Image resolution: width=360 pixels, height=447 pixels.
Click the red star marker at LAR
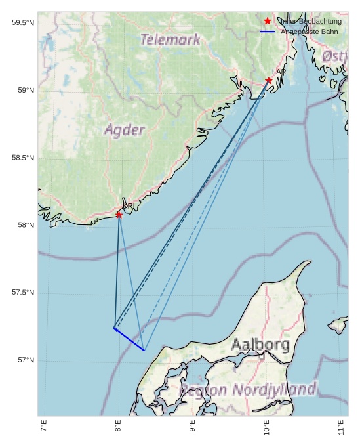[269, 81]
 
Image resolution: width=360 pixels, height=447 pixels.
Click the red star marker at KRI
[119, 215]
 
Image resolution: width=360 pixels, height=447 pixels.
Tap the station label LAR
[279, 72]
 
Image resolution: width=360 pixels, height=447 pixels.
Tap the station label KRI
[129, 207]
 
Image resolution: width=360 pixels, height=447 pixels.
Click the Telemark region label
[170, 40]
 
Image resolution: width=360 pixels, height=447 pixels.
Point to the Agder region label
[124, 130]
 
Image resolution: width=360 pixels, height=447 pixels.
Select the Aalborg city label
[260, 345]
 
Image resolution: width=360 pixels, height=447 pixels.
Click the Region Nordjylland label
[248, 389]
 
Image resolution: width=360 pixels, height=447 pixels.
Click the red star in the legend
[268, 22]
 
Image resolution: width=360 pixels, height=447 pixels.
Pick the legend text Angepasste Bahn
[310, 32]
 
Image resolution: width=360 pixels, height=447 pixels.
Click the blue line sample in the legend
[268, 32]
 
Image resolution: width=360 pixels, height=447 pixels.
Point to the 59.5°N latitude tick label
[22, 23]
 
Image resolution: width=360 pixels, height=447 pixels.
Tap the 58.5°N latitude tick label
[22, 158]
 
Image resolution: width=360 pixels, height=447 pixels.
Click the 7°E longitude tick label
[44, 427]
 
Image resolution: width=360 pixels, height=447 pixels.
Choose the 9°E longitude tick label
[193, 427]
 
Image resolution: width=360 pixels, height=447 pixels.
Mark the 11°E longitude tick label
[341, 427]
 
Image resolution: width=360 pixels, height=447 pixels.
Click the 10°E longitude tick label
[267, 427]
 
